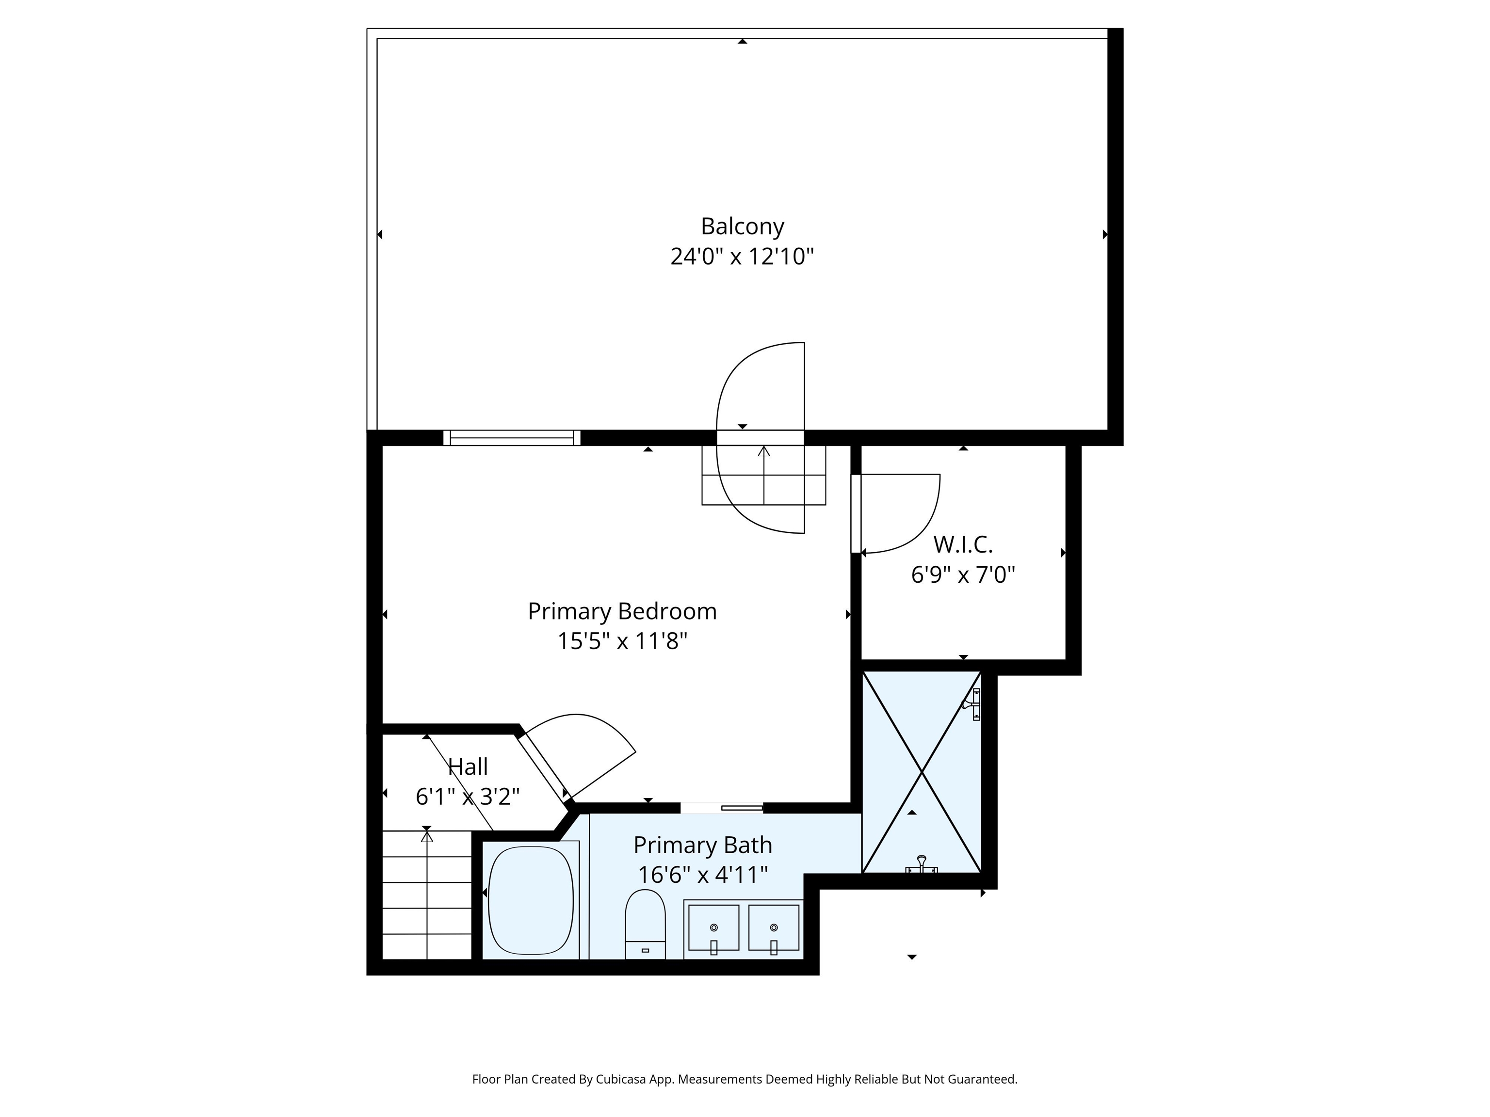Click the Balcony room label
[x=742, y=226]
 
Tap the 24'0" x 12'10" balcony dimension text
[x=742, y=256]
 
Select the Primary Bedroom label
[x=622, y=611]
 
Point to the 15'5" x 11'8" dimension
[x=622, y=641]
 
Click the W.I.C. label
[x=963, y=544]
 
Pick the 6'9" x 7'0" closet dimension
[x=963, y=575]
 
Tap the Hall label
[x=468, y=766]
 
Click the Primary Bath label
[x=703, y=845]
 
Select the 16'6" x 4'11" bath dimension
[x=703, y=875]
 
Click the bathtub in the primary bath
[x=531, y=900]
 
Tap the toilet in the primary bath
[x=645, y=924]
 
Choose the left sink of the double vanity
[x=713, y=928]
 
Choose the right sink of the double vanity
[x=774, y=928]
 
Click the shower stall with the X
[x=922, y=772]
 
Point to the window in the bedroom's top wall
[x=512, y=438]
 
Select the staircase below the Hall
[x=427, y=895]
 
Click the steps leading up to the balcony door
[x=764, y=475]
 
